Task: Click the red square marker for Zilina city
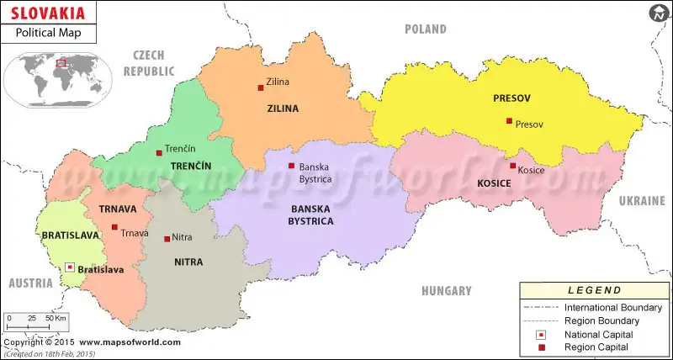pyautogui.click(x=261, y=87)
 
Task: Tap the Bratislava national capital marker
pyautogui.click(x=69, y=267)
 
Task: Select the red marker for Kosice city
pyautogui.click(x=512, y=166)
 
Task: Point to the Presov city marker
pyautogui.click(x=509, y=121)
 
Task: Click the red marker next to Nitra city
pyautogui.click(x=166, y=238)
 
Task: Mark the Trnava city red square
pyautogui.click(x=114, y=227)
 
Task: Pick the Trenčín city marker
pyautogui.click(x=159, y=152)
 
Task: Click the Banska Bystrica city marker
pyautogui.click(x=291, y=166)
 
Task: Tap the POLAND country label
pyautogui.click(x=425, y=29)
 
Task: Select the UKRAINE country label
pyautogui.click(x=642, y=201)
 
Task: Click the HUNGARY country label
pyautogui.click(x=447, y=291)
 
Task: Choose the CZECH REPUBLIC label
pyautogui.click(x=149, y=63)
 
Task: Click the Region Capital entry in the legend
pyautogui.click(x=591, y=347)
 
